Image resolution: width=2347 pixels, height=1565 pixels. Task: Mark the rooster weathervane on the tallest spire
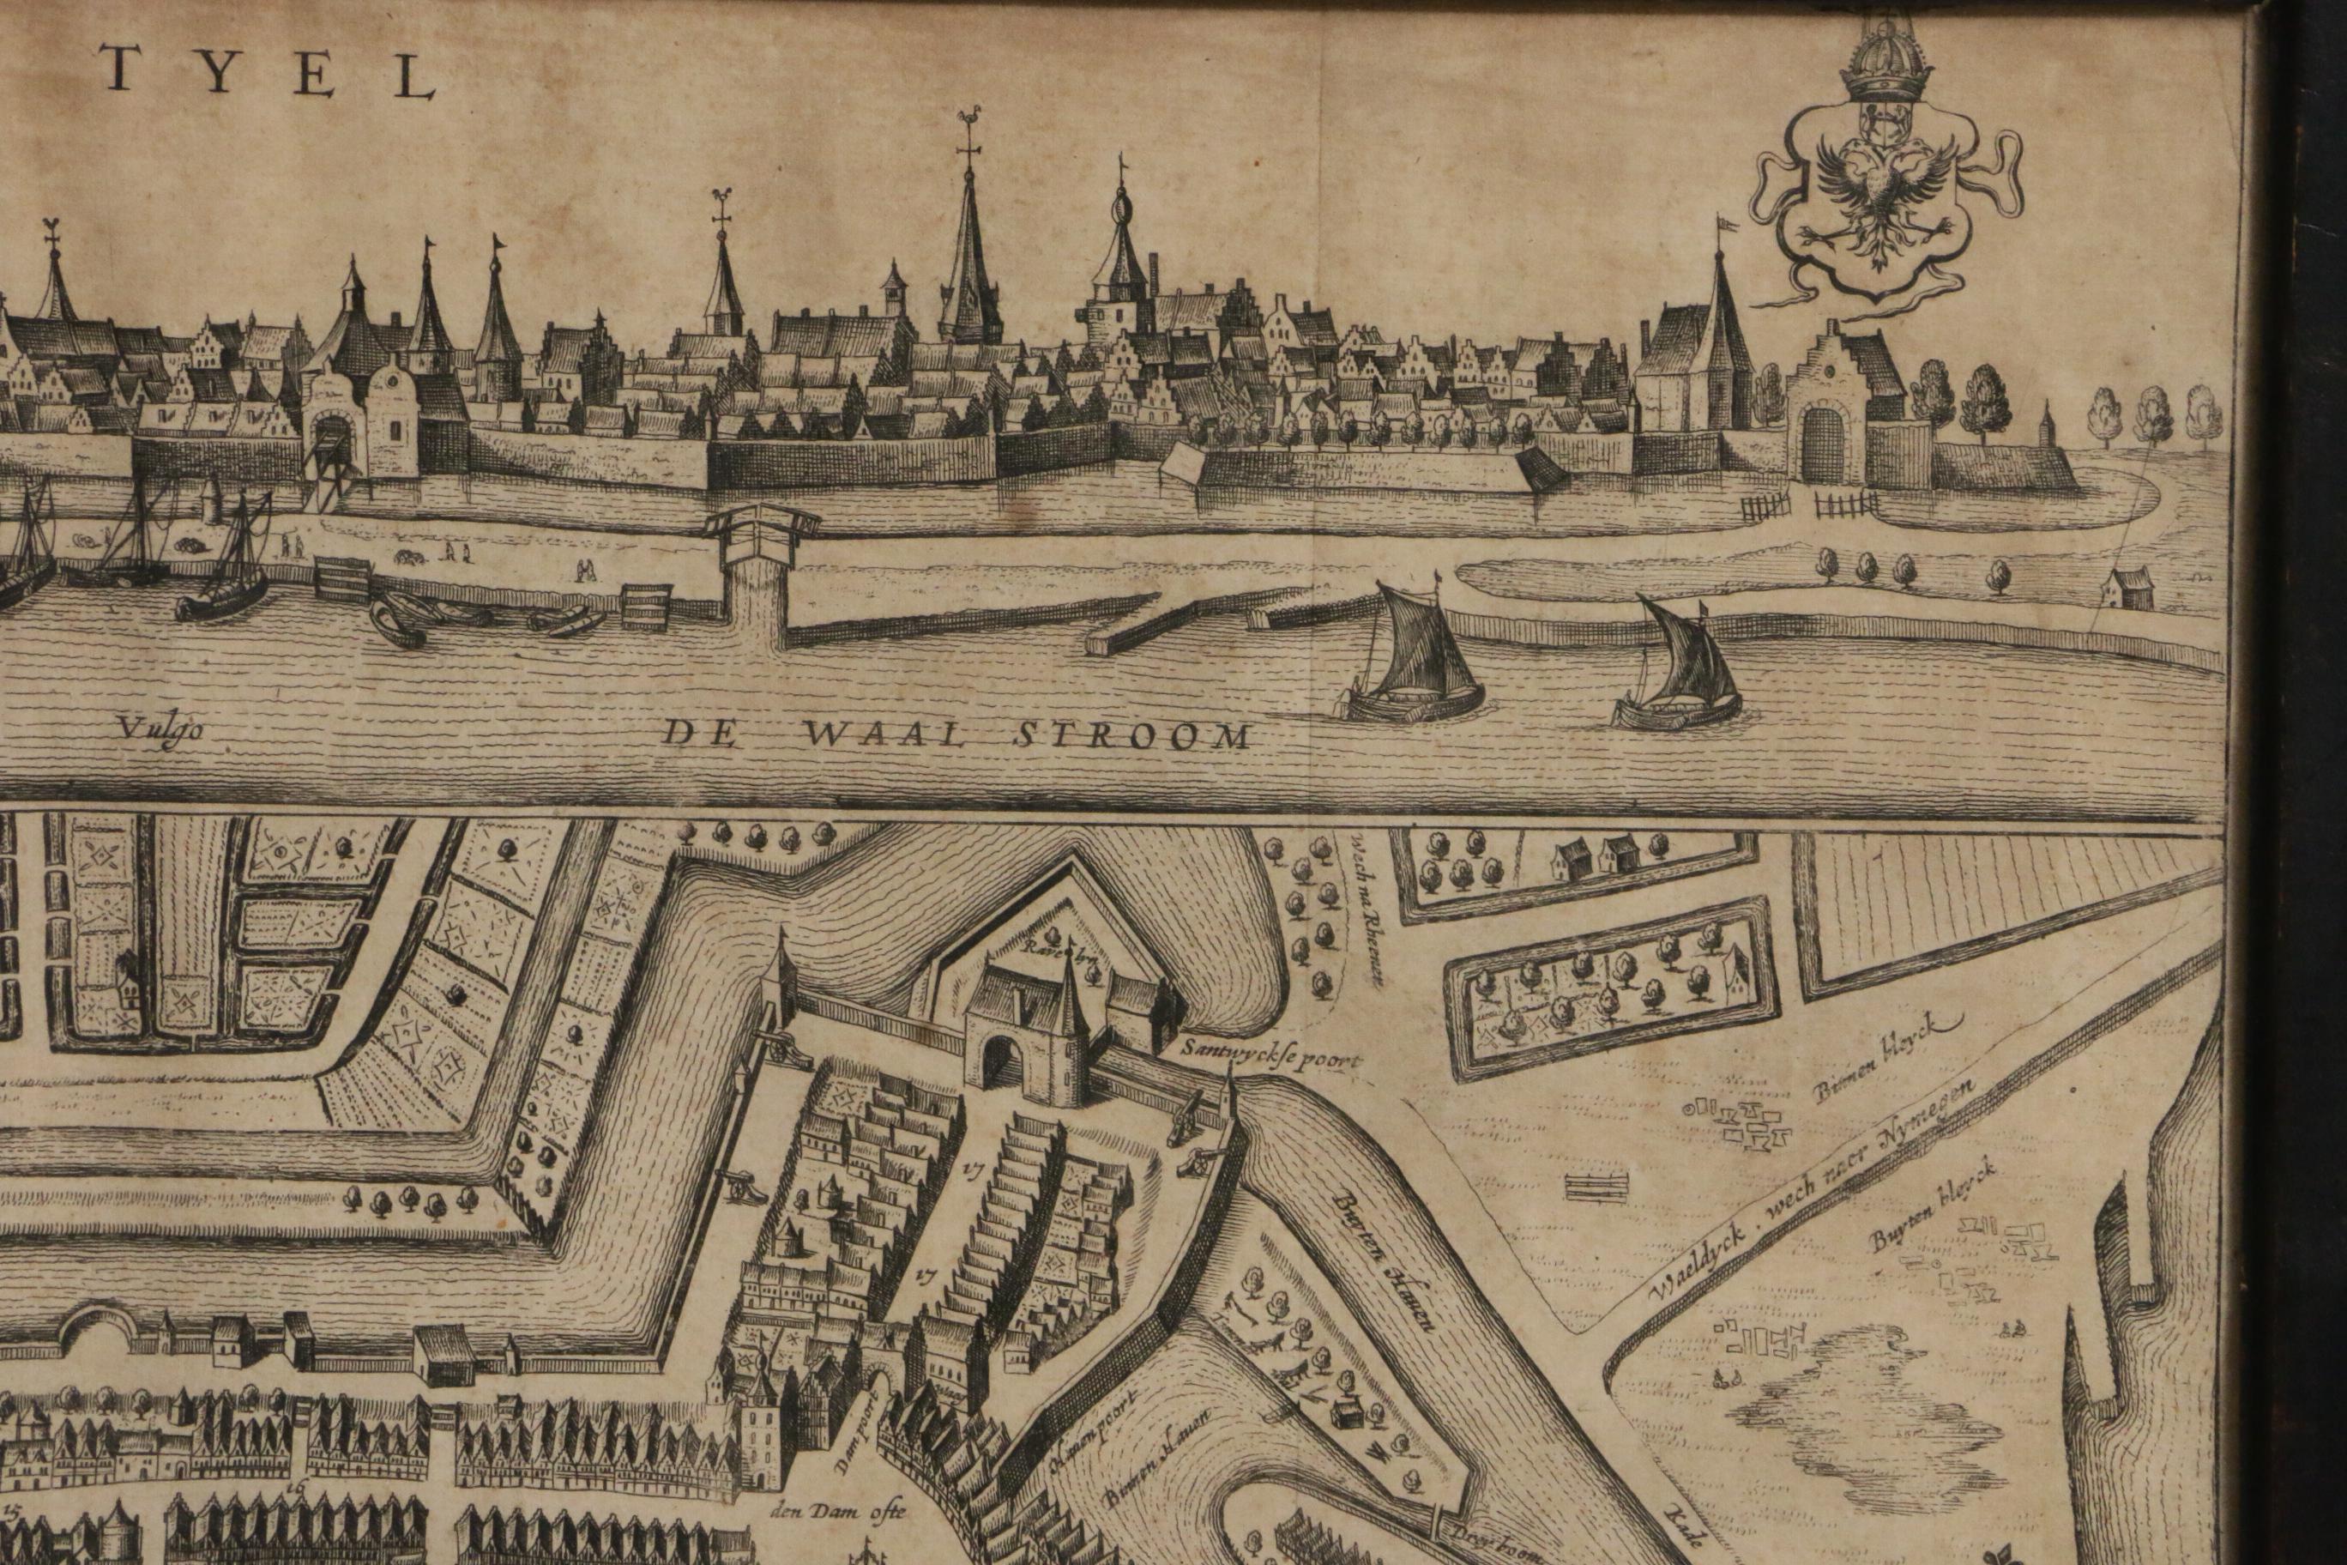967,114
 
